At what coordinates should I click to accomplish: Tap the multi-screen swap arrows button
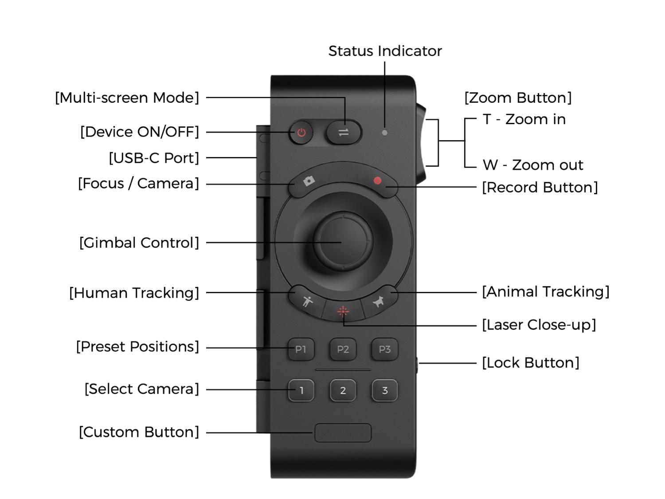point(344,132)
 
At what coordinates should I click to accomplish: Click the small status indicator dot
point(385,133)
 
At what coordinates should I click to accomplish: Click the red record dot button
point(377,181)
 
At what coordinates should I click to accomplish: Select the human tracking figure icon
point(307,301)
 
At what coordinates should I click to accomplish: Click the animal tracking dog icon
point(379,302)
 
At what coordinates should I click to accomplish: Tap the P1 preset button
point(301,349)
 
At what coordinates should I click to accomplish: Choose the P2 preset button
point(343,349)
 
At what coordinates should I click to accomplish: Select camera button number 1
point(301,390)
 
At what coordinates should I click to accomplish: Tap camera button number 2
point(343,390)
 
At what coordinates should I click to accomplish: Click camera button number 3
point(384,390)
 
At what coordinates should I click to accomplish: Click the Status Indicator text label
point(385,51)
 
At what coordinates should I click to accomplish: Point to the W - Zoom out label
point(533,165)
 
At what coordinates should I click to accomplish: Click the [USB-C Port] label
point(154,158)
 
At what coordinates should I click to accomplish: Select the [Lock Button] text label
point(531,363)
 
